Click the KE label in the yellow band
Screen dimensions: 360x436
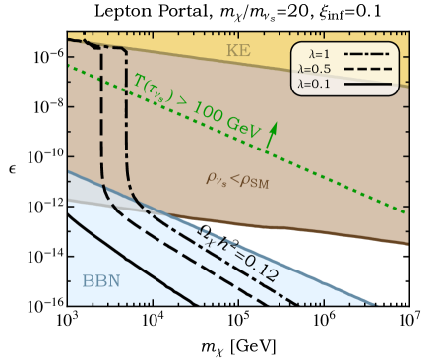click(x=238, y=50)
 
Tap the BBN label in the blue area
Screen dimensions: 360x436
click(x=101, y=281)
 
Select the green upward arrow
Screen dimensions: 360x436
click(x=273, y=134)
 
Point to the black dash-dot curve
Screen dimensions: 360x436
click(x=129, y=148)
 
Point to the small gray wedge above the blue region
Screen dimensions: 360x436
click(x=83, y=192)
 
